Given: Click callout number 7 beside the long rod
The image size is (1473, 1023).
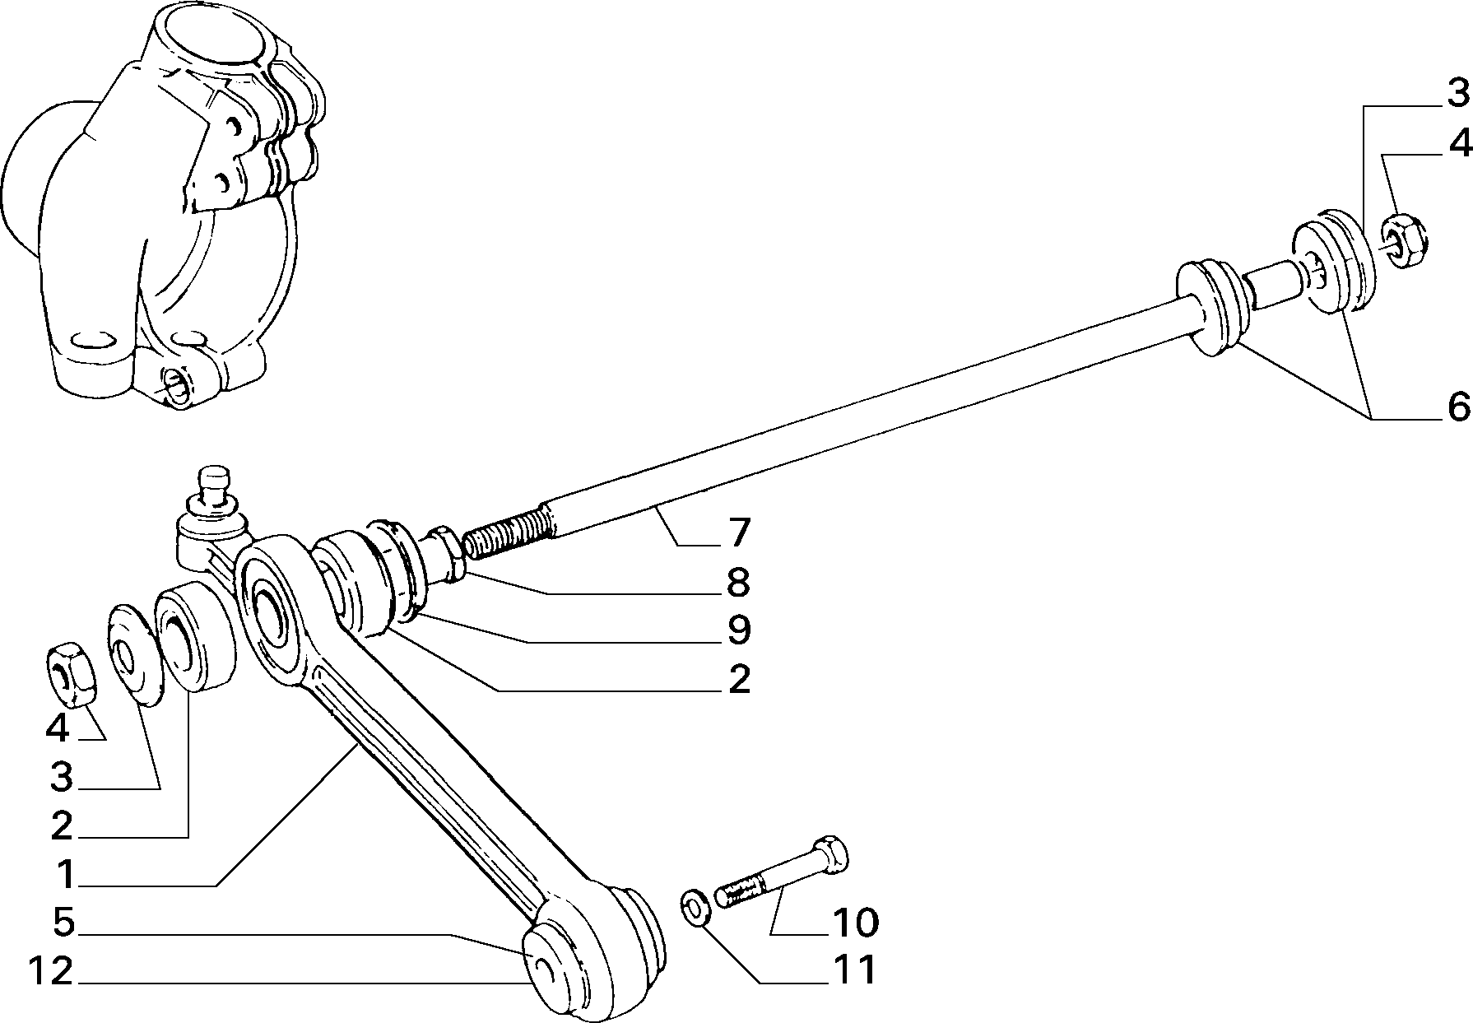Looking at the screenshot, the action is tap(738, 533).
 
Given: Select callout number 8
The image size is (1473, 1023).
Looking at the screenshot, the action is tap(738, 583).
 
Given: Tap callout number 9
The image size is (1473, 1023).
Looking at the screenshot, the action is tap(738, 630).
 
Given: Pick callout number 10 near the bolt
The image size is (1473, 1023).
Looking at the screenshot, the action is tap(855, 923).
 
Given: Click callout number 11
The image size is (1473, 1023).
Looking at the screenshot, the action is tap(855, 970).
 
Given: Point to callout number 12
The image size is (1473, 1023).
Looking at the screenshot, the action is tap(51, 972).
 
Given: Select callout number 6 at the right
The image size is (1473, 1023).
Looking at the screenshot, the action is tap(1457, 407).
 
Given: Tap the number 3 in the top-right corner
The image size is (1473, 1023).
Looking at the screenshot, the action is tap(1457, 95).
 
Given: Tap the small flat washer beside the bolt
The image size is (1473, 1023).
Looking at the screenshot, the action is tap(696, 908).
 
